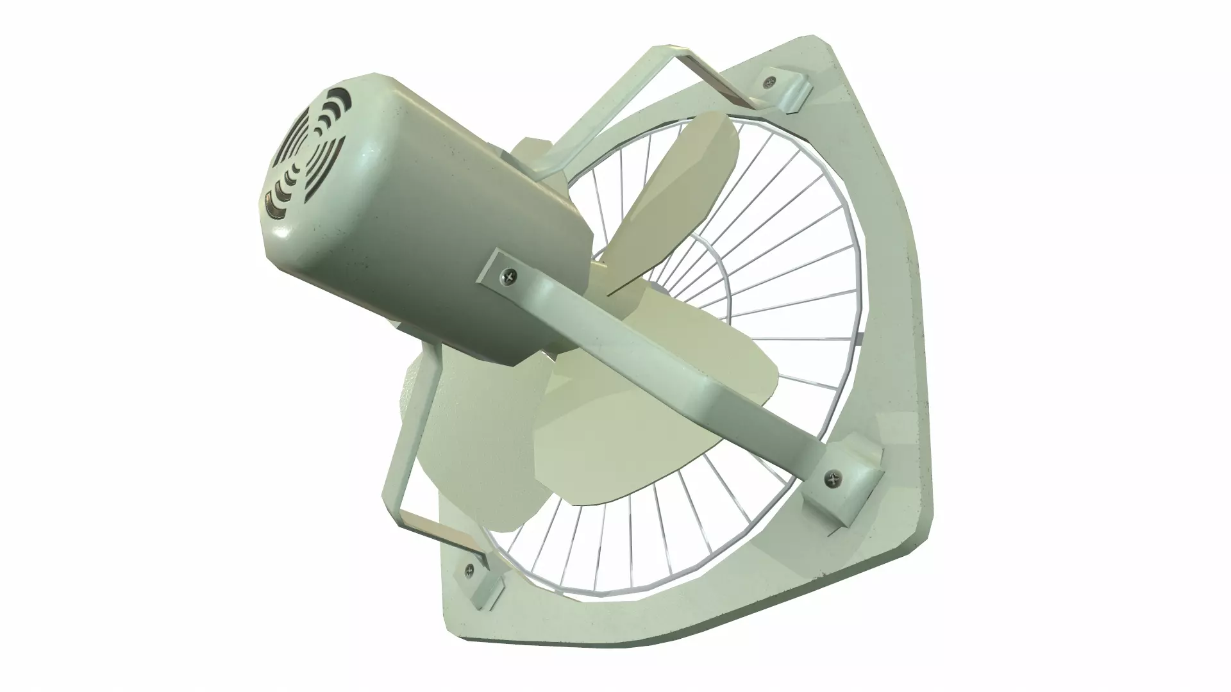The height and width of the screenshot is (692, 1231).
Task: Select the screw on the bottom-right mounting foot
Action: pos(833,477)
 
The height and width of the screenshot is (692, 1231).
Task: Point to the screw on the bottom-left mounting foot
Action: pos(470,568)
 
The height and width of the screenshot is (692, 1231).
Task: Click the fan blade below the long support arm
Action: pos(577,449)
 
